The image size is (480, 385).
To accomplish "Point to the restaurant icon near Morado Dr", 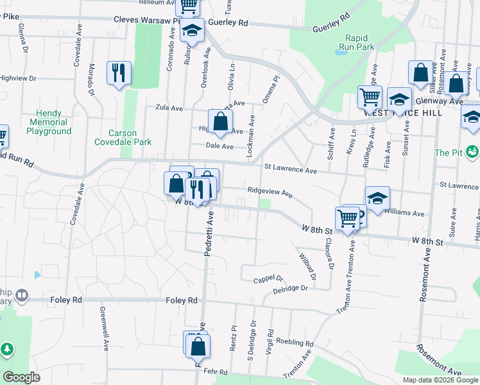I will [118, 73].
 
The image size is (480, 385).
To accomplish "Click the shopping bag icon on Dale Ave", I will [220, 121].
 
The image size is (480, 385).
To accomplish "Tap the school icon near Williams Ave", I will [377, 198].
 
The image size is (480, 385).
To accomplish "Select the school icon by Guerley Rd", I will [192, 30].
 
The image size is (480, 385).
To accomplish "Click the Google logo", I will [21, 377].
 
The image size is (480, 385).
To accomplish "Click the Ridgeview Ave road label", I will [270, 193].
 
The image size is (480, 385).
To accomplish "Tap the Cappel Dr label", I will [268, 279].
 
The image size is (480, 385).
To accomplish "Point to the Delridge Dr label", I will [290, 288].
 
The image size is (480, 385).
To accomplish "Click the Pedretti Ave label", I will [209, 236].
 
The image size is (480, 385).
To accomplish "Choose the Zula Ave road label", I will [161, 107].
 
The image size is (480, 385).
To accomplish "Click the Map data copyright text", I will [440, 380].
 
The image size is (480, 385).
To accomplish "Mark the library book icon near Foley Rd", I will [22, 296].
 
